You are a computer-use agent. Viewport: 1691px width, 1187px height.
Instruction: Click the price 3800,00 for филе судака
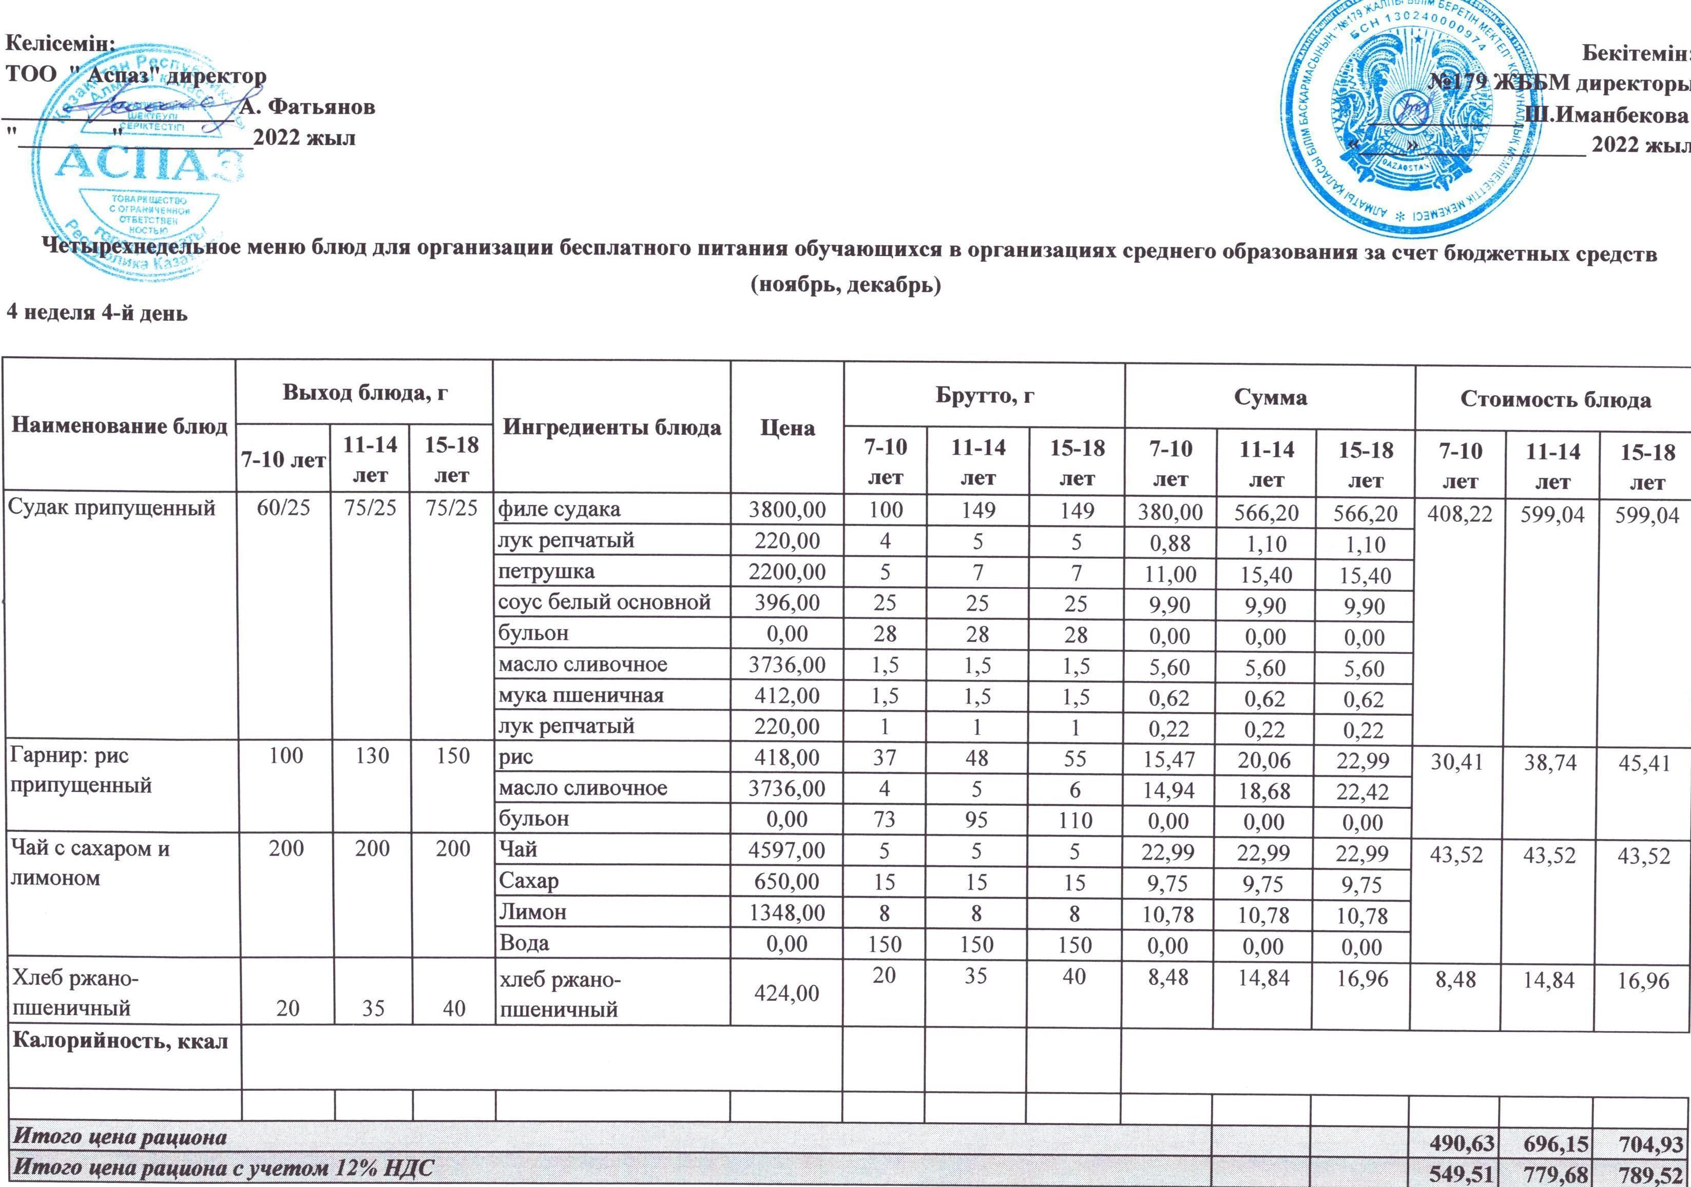(x=786, y=509)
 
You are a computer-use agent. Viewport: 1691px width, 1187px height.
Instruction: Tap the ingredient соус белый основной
(x=604, y=602)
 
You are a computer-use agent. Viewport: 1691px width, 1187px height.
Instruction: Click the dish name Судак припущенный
(x=111, y=508)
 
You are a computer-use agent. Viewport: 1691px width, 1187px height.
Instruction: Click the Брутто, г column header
(x=985, y=396)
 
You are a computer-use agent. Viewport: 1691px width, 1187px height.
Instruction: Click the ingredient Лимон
(x=532, y=912)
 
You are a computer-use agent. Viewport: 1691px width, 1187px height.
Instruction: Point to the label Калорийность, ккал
(x=121, y=1041)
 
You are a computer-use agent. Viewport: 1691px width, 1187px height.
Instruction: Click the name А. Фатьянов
(x=308, y=107)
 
